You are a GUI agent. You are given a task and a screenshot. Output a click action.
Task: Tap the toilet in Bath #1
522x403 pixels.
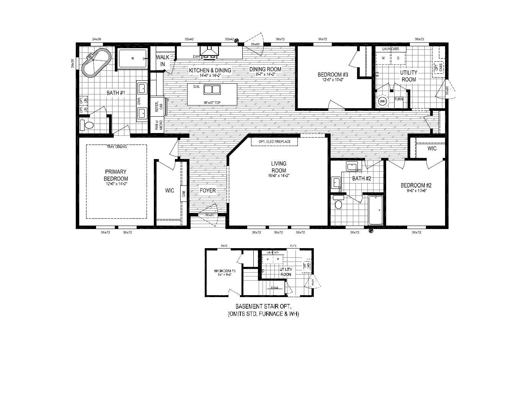88,125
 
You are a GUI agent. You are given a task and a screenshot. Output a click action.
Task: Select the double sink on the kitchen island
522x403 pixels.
212,90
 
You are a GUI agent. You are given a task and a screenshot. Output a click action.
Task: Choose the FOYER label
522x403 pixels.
208,190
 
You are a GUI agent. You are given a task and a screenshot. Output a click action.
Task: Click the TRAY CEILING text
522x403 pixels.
117,147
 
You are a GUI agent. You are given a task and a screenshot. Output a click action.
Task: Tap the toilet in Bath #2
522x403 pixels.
338,203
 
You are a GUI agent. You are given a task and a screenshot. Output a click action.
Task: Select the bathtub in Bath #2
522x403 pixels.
375,210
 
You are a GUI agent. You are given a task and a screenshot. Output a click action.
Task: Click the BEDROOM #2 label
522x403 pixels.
416,186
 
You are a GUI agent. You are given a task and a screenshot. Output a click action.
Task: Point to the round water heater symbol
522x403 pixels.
382,102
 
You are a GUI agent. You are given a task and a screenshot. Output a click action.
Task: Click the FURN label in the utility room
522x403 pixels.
399,99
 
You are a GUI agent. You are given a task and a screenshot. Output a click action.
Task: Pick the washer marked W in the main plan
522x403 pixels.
383,58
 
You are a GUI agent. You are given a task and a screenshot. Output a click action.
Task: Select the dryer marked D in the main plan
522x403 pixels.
398,58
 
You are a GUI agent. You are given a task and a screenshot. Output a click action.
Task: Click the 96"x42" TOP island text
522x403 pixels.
212,102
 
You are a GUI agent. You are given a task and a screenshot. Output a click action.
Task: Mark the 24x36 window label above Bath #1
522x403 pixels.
96,39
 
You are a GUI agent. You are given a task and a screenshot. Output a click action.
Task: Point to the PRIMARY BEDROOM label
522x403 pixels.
116,175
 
